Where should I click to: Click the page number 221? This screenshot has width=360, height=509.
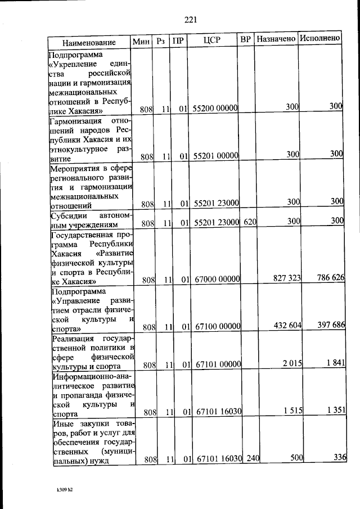(x=190, y=21)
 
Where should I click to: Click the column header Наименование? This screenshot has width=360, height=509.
(x=89, y=42)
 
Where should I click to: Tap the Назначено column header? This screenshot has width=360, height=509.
(x=276, y=39)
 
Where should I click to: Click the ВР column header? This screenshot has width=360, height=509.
(x=245, y=40)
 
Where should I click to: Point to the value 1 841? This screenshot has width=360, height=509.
(x=334, y=364)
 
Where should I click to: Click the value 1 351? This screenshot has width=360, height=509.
(x=334, y=411)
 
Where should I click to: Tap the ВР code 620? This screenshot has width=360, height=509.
(x=250, y=223)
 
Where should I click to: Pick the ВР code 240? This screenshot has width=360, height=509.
(x=252, y=459)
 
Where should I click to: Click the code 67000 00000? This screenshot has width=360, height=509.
(x=218, y=279)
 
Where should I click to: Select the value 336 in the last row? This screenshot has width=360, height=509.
(x=337, y=457)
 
